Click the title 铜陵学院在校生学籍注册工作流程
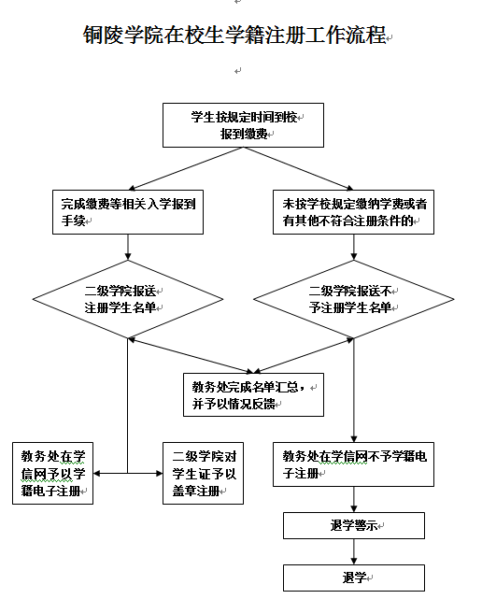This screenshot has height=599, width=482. tap(234, 35)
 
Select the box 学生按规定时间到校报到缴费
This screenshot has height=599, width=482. tap(243, 125)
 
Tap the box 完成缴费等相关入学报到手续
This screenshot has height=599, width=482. tap(128, 212)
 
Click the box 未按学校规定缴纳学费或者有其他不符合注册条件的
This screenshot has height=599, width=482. tap(353, 212)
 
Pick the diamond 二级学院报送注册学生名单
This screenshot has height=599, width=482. tap(128, 299)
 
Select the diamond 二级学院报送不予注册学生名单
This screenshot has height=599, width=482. tap(354, 299)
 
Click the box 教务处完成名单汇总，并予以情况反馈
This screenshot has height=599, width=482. tap(253, 394)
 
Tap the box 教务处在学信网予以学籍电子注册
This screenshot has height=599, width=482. tap(52, 474)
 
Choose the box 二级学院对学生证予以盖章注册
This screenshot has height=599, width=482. tap(204, 474)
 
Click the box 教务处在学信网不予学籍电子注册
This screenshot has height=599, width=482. tap(353, 464)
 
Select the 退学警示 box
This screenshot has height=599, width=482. tap(354, 526)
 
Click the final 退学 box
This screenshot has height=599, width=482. tap(354, 578)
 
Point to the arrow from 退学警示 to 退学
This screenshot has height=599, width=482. tap(354, 551)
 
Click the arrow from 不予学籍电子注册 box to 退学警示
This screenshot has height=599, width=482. tap(354, 499)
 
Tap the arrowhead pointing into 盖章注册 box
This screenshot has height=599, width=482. tap(160, 474)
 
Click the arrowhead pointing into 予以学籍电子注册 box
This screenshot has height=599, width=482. tap(96, 474)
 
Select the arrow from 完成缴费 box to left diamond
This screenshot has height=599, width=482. tap(128, 247)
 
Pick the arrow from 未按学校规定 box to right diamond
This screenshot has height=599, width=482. tap(354, 247)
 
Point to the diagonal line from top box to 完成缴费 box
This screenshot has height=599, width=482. tap(186, 168)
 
